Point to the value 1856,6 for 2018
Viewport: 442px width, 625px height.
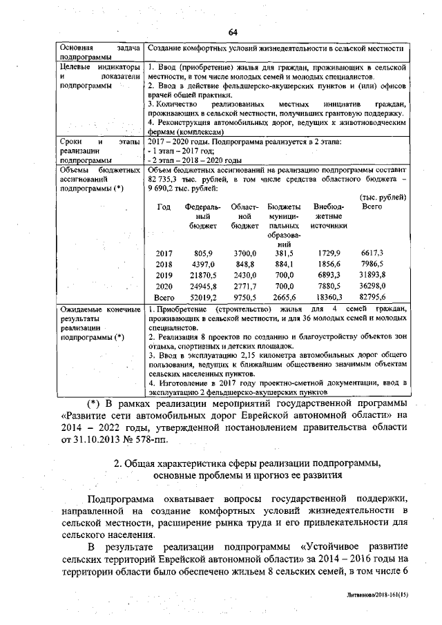click(x=327, y=265)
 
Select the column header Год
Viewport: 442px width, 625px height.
click(x=164, y=206)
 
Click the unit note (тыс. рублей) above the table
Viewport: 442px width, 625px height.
click(x=383, y=197)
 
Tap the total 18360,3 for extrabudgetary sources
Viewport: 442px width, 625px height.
click(x=327, y=296)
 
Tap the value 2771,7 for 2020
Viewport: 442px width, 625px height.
click(x=244, y=286)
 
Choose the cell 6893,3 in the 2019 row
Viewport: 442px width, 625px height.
click(x=327, y=275)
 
